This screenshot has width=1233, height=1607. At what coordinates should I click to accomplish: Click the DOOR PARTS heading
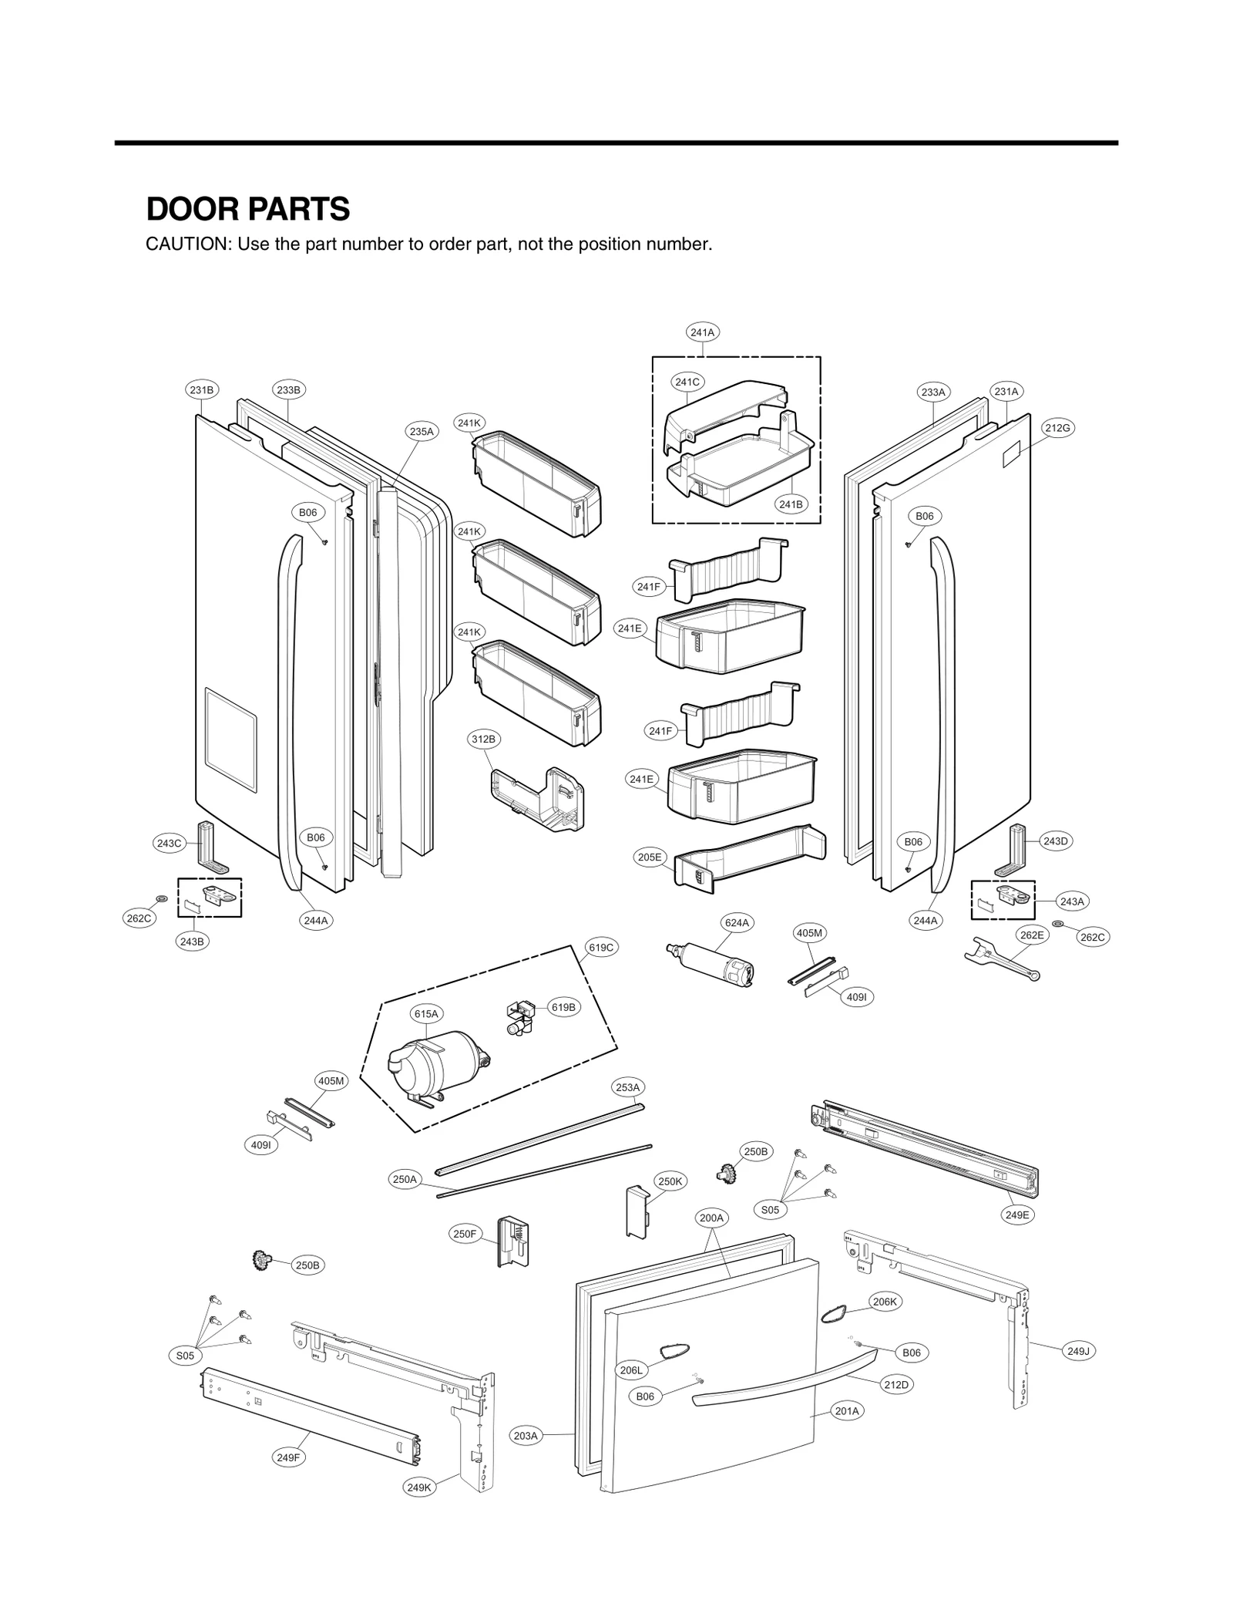pos(247,209)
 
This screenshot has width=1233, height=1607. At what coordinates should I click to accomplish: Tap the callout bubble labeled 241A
pos(702,332)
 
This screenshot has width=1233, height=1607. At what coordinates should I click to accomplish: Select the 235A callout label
pos(422,432)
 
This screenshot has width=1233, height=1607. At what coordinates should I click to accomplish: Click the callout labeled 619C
pos(600,947)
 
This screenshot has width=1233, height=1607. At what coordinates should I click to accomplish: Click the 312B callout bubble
pos(483,739)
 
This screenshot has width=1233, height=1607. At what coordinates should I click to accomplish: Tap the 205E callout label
pos(649,857)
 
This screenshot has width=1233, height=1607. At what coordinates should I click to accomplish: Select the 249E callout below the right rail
pos(1016,1215)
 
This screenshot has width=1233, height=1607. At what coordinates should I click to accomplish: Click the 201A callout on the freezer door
pos(846,1411)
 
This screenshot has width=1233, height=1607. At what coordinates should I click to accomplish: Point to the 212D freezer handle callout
pos(896,1384)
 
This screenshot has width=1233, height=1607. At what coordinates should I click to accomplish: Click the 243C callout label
pos(169,843)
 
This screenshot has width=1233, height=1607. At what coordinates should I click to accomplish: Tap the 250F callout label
pos(465,1234)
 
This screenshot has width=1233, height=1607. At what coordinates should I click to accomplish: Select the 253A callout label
pos(627,1087)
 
